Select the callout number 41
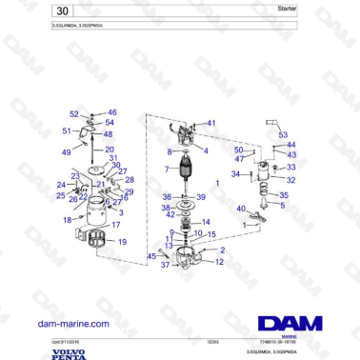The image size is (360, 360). [x=211, y=123]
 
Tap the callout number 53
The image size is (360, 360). [x=283, y=136]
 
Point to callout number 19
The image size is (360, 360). [x=121, y=244]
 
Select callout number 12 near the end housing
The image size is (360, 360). [x=219, y=262]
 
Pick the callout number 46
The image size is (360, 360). [x=111, y=112]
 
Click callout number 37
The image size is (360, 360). [x=166, y=266]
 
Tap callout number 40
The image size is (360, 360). [x=241, y=209]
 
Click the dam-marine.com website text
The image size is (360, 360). [x=73, y=324]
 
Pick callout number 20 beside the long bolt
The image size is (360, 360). [x=109, y=150]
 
